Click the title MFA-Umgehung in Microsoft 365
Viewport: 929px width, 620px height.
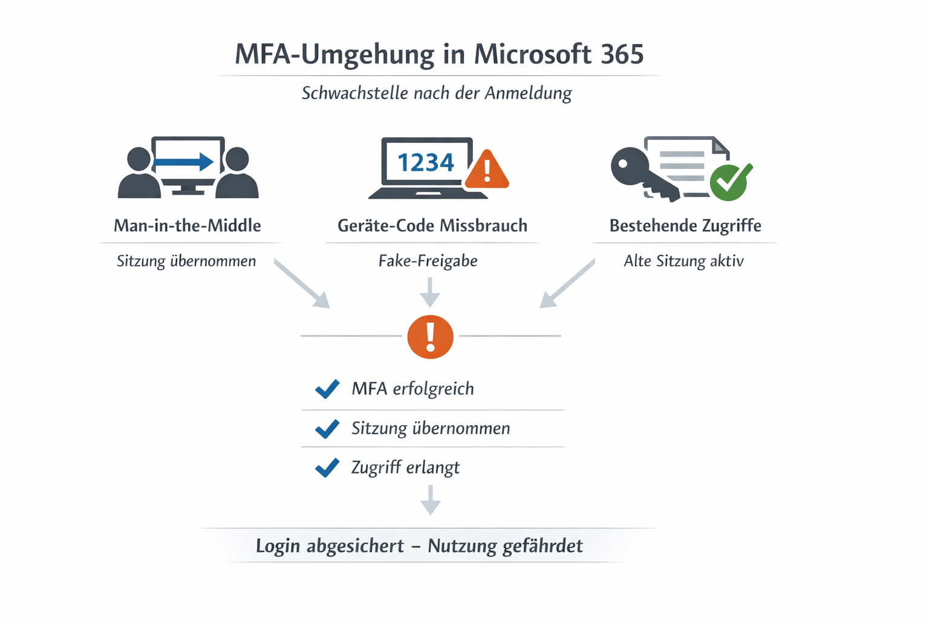point(439,54)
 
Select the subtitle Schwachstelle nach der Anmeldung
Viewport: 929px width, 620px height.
point(436,93)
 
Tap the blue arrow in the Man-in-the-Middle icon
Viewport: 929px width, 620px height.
point(183,162)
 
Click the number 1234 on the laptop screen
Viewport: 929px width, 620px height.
point(425,162)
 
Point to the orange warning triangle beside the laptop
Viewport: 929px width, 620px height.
point(487,169)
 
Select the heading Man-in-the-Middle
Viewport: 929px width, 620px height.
point(187,226)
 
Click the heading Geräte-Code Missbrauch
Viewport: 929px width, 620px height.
point(432,226)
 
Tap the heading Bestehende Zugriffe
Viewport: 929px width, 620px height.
point(685,226)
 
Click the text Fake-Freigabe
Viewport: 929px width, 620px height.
point(428,261)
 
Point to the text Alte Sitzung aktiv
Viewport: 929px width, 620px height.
point(683,261)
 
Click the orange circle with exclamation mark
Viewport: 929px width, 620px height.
point(430,337)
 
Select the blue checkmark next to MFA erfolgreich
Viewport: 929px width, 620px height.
point(327,389)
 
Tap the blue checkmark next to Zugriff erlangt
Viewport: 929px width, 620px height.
point(327,467)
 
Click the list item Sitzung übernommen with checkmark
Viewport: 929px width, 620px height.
point(430,429)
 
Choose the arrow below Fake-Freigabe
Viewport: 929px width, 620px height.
point(430,292)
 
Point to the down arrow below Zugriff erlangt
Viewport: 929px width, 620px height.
point(430,500)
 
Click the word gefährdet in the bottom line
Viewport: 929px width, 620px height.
point(543,546)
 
